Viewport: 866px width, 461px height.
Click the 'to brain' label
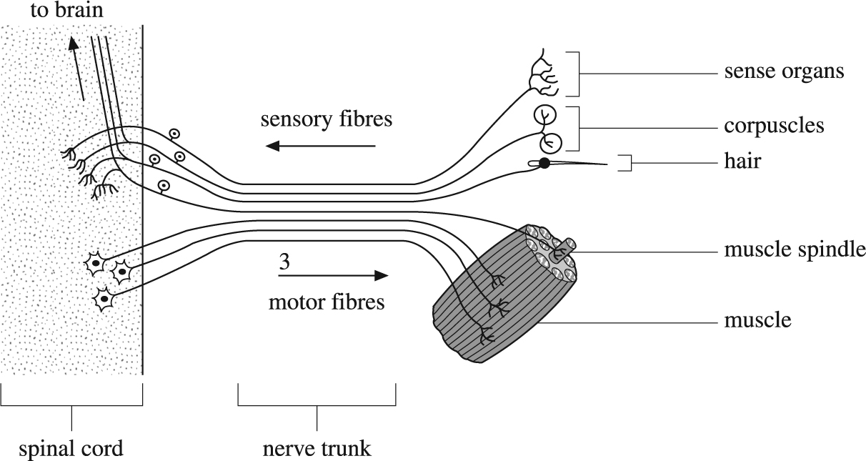[67, 10]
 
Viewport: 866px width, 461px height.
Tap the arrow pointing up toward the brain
[77, 69]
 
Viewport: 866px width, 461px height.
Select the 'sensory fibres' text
[327, 119]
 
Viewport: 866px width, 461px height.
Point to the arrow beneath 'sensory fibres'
[321, 146]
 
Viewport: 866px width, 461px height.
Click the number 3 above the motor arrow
[284, 262]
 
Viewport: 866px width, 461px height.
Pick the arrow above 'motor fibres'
[333, 275]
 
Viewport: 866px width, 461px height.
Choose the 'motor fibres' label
[327, 302]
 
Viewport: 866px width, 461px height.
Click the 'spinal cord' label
[71, 449]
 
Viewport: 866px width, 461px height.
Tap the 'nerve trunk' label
[317, 449]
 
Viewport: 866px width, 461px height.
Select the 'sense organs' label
[784, 71]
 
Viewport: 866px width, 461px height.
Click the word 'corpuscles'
[774, 126]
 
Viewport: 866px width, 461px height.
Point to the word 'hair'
[742, 161]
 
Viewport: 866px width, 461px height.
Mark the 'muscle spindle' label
[795, 249]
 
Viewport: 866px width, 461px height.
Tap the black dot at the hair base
[544, 164]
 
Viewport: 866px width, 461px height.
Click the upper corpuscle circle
[545, 115]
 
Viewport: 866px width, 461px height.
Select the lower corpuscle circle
[551, 143]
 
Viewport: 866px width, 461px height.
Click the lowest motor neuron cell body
[104, 299]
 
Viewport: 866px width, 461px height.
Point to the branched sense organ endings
[543, 74]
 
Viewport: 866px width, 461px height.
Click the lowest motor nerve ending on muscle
[487, 334]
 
